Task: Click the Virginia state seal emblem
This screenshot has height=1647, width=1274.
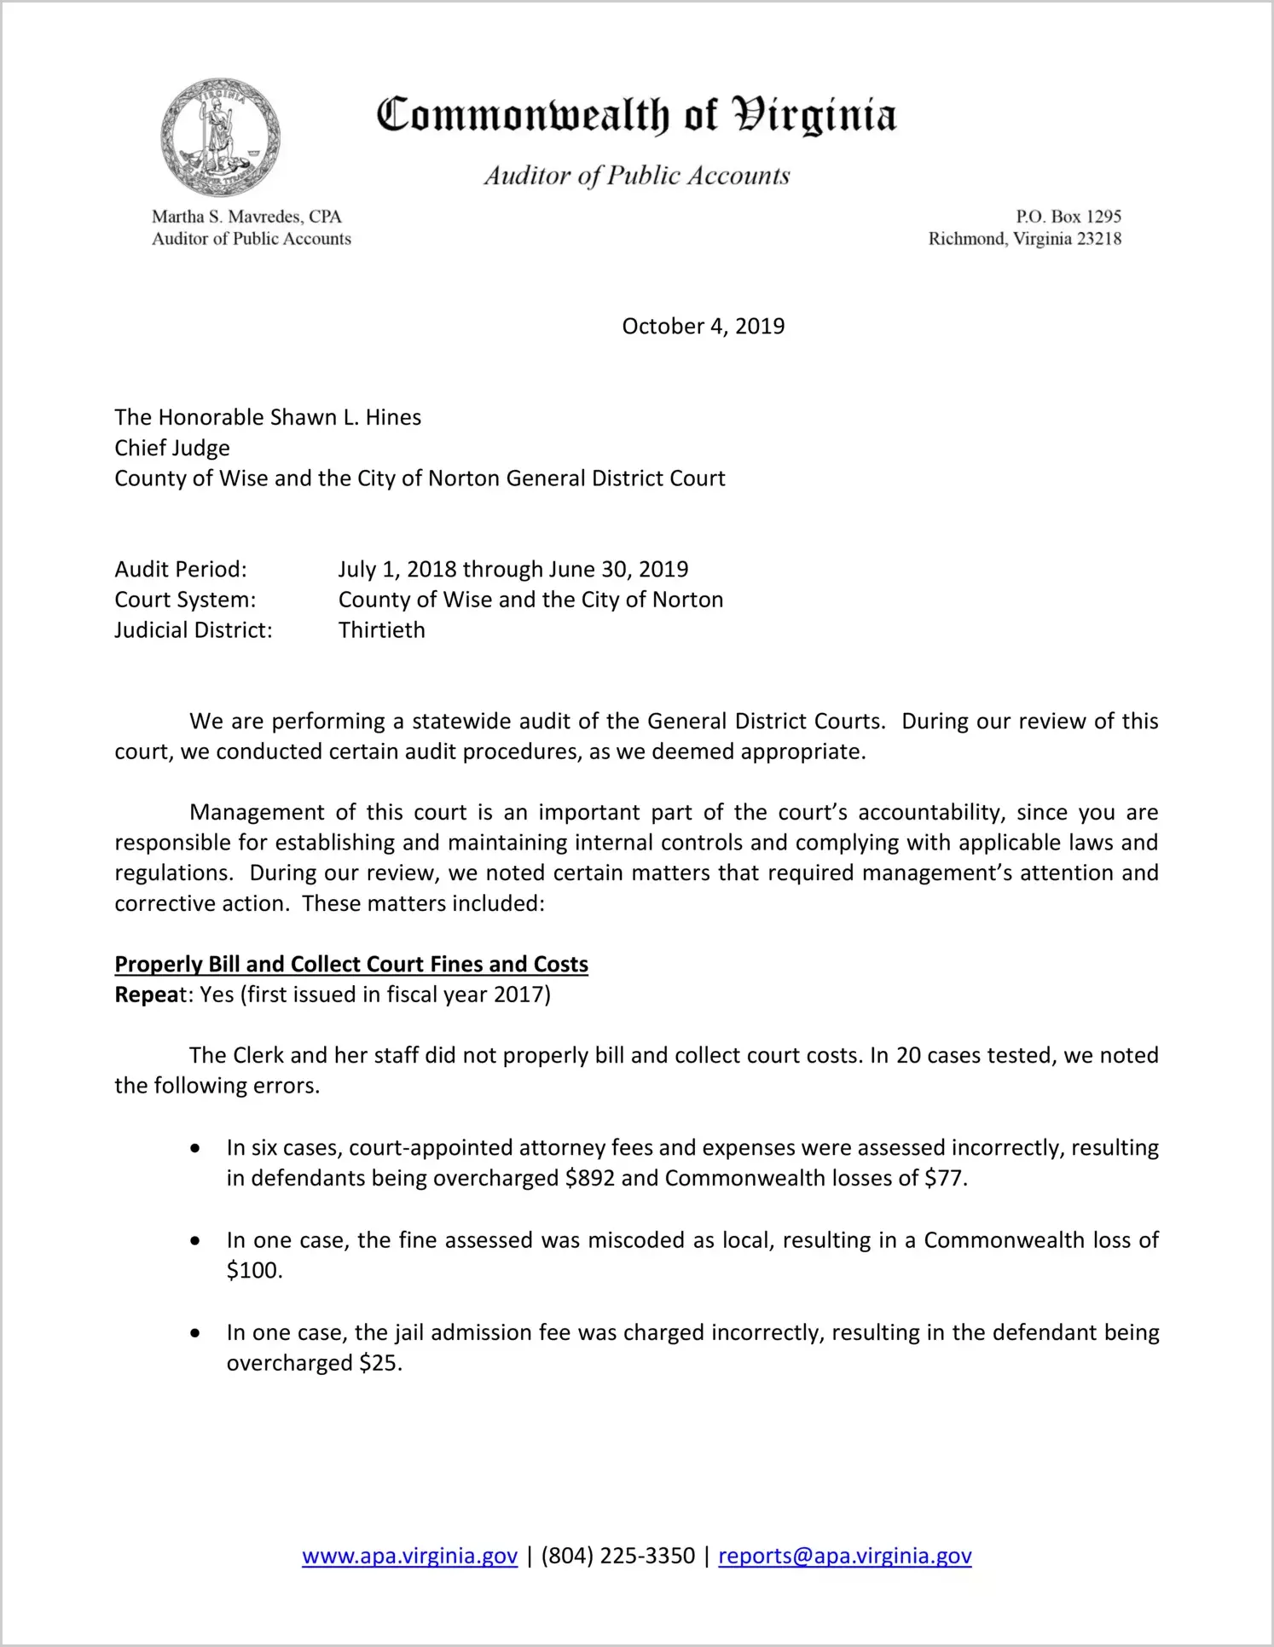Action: [x=220, y=137]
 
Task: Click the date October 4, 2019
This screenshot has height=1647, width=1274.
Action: [x=703, y=327]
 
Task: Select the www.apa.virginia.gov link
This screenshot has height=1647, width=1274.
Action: [x=409, y=1556]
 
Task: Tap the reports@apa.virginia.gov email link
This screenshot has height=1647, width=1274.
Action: [x=844, y=1556]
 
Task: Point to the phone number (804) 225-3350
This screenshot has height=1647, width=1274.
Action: [x=617, y=1556]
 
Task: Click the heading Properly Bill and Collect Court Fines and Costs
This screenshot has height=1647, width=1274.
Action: [x=351, y=964]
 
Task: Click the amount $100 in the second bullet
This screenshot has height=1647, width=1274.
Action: [x=252, y=1270]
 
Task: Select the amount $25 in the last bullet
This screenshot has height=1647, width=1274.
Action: [x=379, y=1363]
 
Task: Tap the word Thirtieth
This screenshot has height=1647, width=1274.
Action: [x=381, y=630]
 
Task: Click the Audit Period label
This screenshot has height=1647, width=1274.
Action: [x=181, y=569]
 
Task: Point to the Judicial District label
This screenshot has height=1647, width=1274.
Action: [x=194, y=630]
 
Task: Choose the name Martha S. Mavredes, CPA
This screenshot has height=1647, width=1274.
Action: [x=246, y=217]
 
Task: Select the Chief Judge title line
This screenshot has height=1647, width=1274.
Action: [x=172, y=448]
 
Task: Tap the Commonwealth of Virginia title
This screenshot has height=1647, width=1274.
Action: [x=636, y=115]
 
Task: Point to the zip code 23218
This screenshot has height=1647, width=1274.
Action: [x=1099, y=239]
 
